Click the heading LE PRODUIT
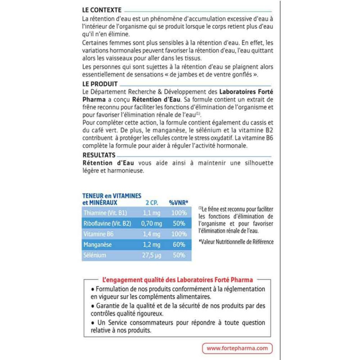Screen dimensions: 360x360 pos(100,84)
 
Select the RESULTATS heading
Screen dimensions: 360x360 pos(99,154)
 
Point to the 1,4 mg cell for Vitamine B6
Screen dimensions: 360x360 pos(152,234)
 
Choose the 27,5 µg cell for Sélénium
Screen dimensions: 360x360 pos(152,255)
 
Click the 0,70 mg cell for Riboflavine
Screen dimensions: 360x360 pos(152,223)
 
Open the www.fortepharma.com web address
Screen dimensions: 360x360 pos(237,348)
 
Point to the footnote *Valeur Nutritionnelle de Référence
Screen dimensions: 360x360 pos(236,242)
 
